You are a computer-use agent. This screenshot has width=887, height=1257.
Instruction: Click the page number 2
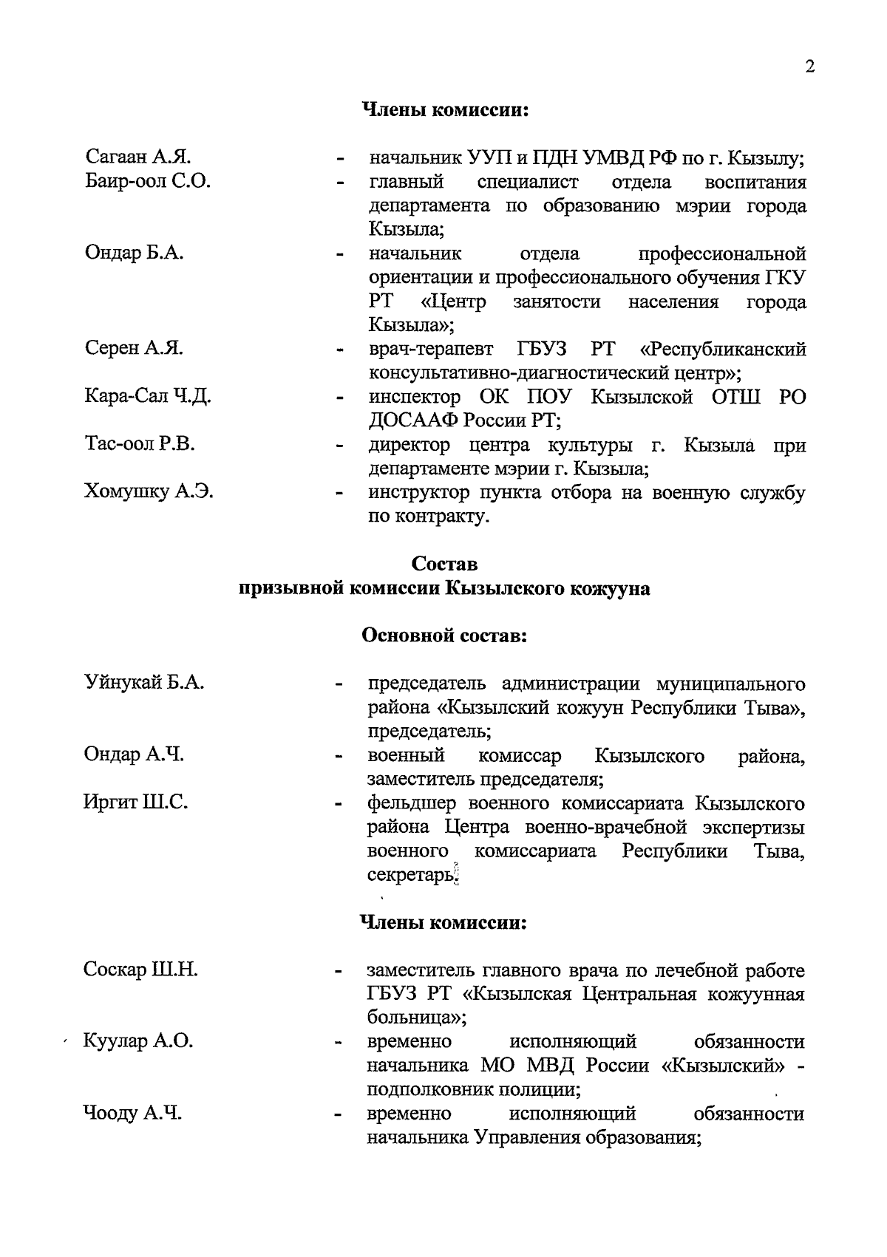810,67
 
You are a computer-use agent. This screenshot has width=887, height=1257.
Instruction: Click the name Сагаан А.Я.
138,157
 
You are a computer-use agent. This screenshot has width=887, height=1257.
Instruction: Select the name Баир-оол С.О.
148,181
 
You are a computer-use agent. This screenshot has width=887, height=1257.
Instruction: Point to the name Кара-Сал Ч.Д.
148,397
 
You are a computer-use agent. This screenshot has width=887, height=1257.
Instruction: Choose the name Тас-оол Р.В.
140,445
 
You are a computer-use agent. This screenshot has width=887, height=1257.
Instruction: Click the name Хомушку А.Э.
149,491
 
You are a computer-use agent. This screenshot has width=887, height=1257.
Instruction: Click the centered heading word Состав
444,565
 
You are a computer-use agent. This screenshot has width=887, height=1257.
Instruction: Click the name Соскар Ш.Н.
140,970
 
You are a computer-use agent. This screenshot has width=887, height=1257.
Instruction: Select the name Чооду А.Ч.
133,1114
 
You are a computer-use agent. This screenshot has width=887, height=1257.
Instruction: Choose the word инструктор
418,493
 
